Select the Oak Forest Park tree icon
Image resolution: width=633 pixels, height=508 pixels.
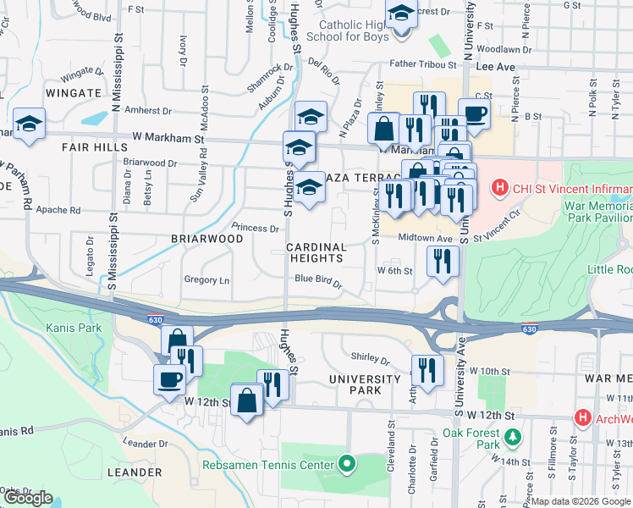tap(513, 438)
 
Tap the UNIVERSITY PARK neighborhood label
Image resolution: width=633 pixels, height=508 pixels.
tap(365, 384)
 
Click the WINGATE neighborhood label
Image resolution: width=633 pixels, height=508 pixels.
tap(74, 94)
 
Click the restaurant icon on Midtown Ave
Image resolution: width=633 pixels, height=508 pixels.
tap(443, 261)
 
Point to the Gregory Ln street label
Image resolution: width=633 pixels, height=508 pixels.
tap(206, 280)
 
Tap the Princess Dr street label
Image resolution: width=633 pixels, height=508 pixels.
tap(255, 228)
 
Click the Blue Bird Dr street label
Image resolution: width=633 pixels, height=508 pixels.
tap(318, 281)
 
